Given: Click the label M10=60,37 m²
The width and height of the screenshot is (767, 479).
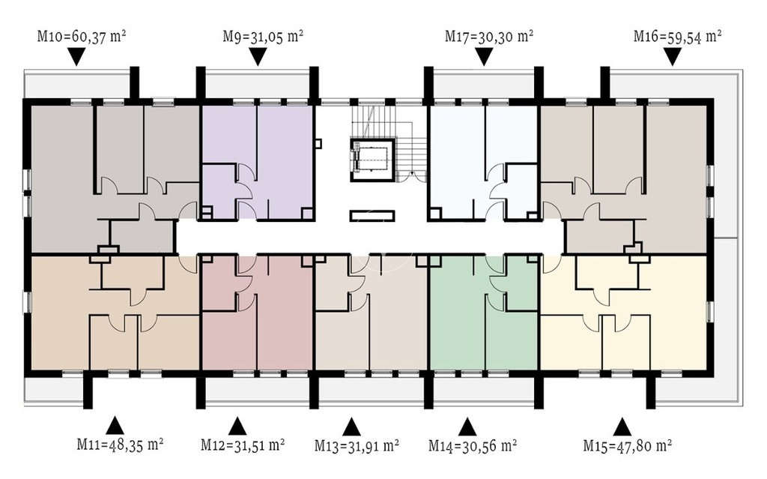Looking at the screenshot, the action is click(82, 36).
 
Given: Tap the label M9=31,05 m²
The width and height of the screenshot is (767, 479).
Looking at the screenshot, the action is click(263, 36).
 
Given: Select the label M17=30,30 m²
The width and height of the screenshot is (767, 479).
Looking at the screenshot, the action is click(489, 36).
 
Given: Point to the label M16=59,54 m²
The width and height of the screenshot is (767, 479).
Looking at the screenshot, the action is click(678, 36).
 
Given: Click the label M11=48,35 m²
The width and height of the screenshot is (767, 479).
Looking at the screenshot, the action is click(120, 445).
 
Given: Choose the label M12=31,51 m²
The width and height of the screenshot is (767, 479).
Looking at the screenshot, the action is click(243, 445).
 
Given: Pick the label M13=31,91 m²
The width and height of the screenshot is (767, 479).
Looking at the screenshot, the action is click(357, 445).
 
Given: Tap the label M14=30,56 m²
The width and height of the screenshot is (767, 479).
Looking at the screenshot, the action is click(473, 445).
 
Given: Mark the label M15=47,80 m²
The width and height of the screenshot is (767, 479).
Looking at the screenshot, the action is click(627, 445).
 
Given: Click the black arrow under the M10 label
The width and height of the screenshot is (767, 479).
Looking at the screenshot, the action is click(76, 57).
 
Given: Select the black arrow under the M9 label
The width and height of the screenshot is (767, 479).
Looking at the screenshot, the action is click(258, 57).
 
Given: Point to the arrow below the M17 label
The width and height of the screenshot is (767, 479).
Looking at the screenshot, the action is click(484, 57).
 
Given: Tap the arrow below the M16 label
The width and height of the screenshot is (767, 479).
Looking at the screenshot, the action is click(673, 57).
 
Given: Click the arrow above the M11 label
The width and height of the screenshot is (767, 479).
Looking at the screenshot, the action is click(115, 425).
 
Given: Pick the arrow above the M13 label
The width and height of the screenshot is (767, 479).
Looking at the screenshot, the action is click(351, 427).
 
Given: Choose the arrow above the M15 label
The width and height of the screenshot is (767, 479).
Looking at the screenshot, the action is click(622, 426).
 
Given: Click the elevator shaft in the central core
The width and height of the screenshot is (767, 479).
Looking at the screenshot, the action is click(372, 160).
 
